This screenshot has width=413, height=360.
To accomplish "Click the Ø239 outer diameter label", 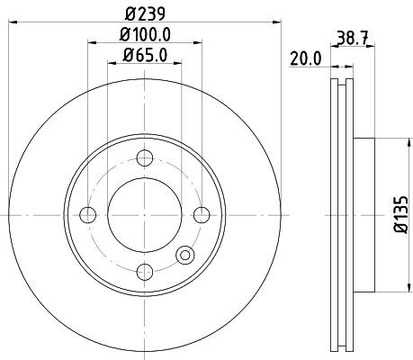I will coord(144,13).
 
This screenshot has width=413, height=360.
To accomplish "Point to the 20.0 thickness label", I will coord(306,58).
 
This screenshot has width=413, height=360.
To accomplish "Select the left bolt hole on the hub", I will coord(87,214).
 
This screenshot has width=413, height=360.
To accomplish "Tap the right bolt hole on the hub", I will coord(201,214).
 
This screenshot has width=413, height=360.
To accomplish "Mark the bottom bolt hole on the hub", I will coord(144,270).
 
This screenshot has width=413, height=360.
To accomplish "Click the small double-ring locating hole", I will coord(185,255).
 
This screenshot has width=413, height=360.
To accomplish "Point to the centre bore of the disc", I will coord(144,214).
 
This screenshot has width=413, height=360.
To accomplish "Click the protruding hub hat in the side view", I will coord(364,214).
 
